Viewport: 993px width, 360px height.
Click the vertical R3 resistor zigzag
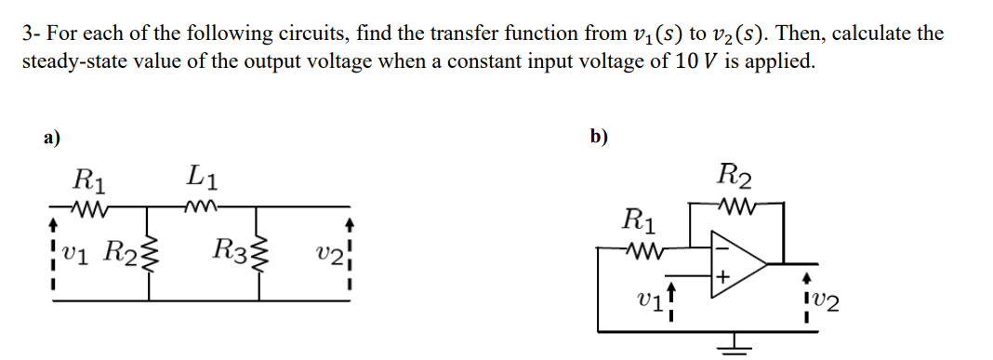[x=260, y=249]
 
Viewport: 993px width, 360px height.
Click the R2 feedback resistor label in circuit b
[x=735, y=174]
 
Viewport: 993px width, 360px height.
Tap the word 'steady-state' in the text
[x=69, y=62]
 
